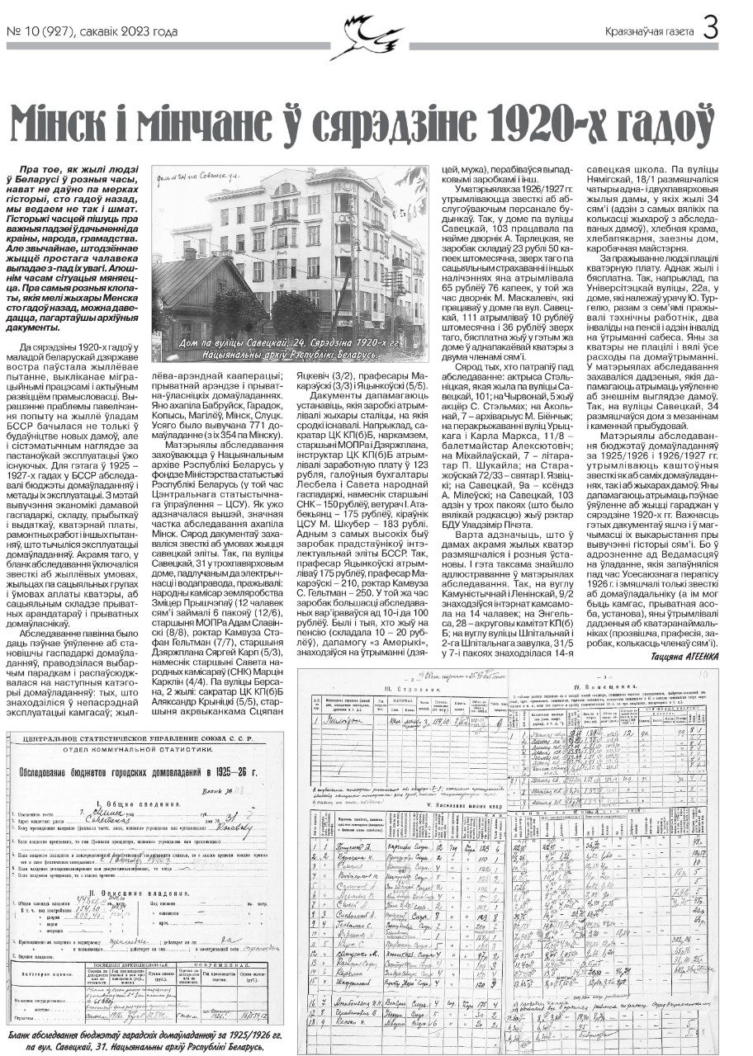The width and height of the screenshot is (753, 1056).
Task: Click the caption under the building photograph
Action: point(288,347)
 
